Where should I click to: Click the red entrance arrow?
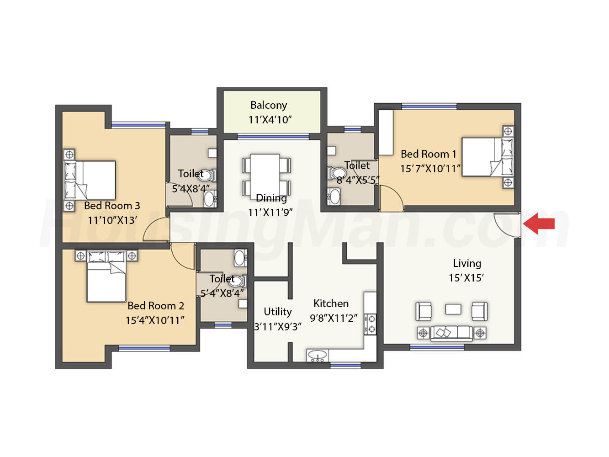pyautogui.click(x=538, y=223)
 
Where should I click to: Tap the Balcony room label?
pyautogui.click(x=269, y=105)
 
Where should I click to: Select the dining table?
pyautogui.click(x=265, y=176)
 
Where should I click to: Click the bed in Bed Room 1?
pyautogui.click(x=487, y=157)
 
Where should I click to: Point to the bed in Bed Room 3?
pyautogui.click(x=90, y=180)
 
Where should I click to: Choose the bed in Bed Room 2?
pyautogui.click(x=106, y=276)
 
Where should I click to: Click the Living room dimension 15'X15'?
pyautogui.click(x=466, y=278)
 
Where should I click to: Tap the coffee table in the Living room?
pyautogui.click(x=453, y=309)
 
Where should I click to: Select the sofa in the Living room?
pyautogui.click(x=451, y=333)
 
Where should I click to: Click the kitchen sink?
pyautogui.click(x=318, y=356)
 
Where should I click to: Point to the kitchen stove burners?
pyautogui.click(x=370, y=324)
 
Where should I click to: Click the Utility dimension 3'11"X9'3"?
pyautogui.click(x=278, y=327)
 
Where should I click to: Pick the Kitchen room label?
pyautogui.click(x=331, y=303)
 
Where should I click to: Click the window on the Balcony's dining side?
pyautogui.click(x=273, y=137)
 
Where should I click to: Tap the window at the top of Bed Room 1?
pyautogui.click(x=429, y=106)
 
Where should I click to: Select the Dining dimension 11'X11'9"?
pyautogui.click(x=270, y=213)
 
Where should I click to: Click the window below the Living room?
pyautogui.click(x=437, y=347)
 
